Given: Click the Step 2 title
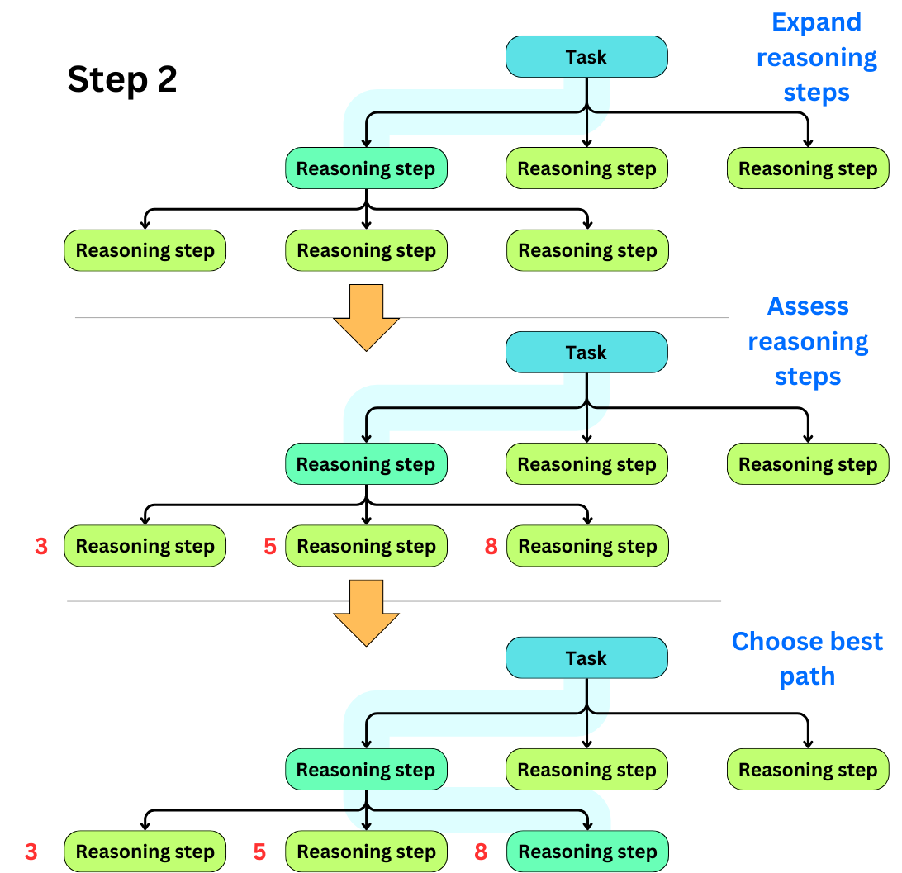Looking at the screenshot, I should pyautogui.click(x=122, y=80).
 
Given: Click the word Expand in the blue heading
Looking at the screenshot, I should pyautogui.click(x=816, y=22).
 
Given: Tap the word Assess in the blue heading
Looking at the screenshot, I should pyautogui.click(x=807, y=306).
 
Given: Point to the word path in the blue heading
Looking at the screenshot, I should pyautogui.click(x=807, y=676).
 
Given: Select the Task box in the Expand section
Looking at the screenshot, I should pyautogui.click(x=586, y=57).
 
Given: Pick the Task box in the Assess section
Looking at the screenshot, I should pyautogui.click(x=586, y=353).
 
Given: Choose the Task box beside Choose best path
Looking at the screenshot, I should pyautogui.click(x=586, y=658).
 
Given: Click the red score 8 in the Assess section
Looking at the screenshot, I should pyautogui.click(x=491, y=546).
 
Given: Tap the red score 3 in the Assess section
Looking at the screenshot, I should pyautogui.click(x=41, y=546).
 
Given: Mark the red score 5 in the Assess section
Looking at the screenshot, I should pyautogui.click(x=269, y=546).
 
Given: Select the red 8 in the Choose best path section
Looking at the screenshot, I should pyautogui.click(x=481, y=852).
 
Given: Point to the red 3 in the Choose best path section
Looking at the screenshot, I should pyautogui.click(x=31, y=852).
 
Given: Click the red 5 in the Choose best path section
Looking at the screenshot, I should pyautogui.click(x=259, y=852).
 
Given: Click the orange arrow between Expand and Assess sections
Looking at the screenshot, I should pyautogui.click(x=366, y=317).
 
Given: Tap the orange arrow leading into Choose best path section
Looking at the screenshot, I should pyautogui.click(x=366, y=612).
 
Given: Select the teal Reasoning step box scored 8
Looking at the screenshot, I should pyautogui.click(x=587, y=852).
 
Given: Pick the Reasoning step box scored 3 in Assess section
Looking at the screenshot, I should pyautogui.click(x=145, y=546).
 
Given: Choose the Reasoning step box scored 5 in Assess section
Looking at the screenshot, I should pyautogui.click(x=366, y=546).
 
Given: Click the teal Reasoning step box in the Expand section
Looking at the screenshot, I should pyautogui.click(x=366, y=168).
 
